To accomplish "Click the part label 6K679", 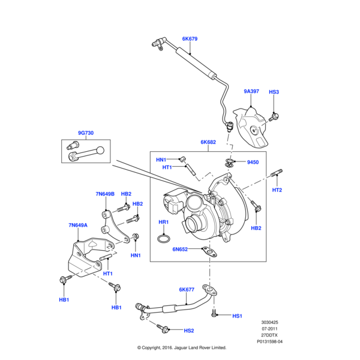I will [x=190, y=39].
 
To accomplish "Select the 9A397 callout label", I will [x=251, y=92].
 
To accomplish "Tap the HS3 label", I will [x=274, y=92].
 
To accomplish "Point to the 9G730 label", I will [x=85, y=133].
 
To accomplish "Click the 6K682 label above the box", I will [x=208, y=143].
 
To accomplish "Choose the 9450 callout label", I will [x=253, y=162].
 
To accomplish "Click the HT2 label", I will [x=277, y=190].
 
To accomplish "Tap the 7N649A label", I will [x=78, y=226].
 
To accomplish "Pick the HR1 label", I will [x=163, y=222].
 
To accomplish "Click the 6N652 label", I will [x=181, y=249].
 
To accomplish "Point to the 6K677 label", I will [x=187, y=290].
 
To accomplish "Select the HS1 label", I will [x=236, y=316].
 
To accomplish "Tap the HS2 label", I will [x=189, y=331].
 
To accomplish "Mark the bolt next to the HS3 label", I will [x=274, y=115].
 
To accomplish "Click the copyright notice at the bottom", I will [x=181, y=347].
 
